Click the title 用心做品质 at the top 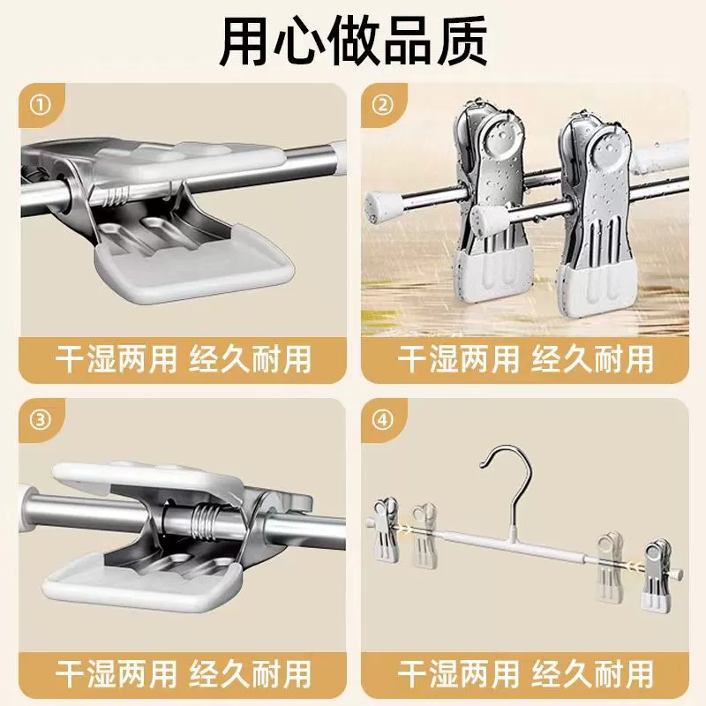click(354, 41)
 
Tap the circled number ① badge click(41, 105)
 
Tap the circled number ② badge click(383, 105)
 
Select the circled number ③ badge click(41, 420)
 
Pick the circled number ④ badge click(383, 420)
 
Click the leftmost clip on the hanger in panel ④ click(387, 529)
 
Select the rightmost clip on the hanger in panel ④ click(658, 571)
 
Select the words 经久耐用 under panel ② click(592, 360)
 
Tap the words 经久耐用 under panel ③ click(251, 674)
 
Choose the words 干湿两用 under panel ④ click(458, 674)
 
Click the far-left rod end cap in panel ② click(379, 206)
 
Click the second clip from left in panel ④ click(424, 535)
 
